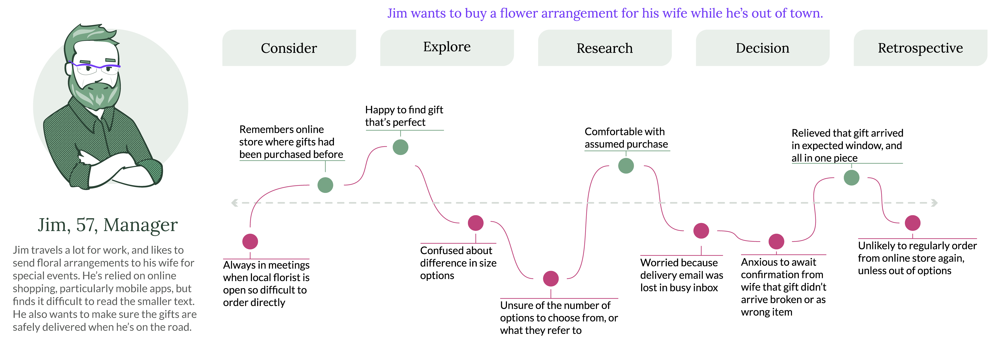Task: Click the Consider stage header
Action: (x=289, y=48)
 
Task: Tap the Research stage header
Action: (x=604, y=48)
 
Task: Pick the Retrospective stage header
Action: (x=920, y=48)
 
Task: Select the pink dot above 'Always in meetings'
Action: (x=250, y=241)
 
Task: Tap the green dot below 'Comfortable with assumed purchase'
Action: (x=626, y=166)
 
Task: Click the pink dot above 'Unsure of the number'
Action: (x=550, y=278)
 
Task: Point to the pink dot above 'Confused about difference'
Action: (x=475, y=223)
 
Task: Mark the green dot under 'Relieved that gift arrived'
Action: (x=851, y=178)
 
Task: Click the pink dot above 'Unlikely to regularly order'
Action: (x=912, y=223)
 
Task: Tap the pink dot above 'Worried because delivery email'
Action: (x=701, y=231)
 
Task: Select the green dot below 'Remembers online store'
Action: (x=325, y=185)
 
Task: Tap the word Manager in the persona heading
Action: (x=141, y=225)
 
